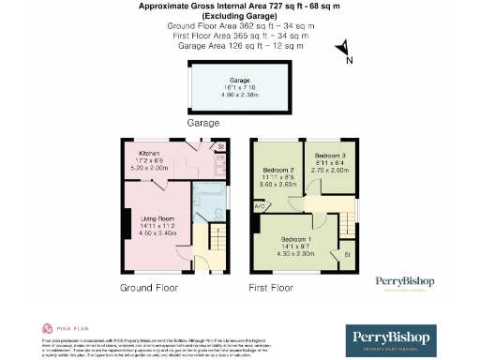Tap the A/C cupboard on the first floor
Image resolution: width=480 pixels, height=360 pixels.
click(258, 206)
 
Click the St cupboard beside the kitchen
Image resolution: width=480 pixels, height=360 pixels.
click(221, 147)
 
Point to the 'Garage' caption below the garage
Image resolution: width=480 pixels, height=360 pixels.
click(202, 123)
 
